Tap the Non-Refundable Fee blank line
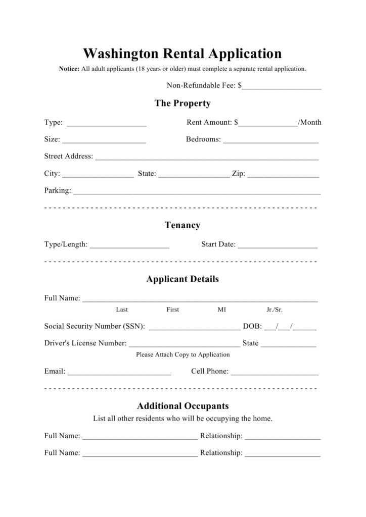(x=282, y=87)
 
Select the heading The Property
(x=182, y=104)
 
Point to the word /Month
(x=310, y=122)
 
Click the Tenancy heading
(x=182, y=225)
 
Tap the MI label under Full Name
(x=222, y=309)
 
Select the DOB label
(x=252, y=326)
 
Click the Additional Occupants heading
(x=183, y=406)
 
